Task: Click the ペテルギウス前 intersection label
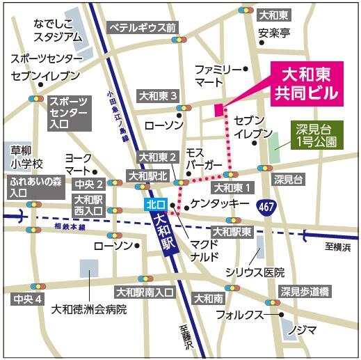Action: [x=143, y=27]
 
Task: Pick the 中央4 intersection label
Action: [x=29, y=299]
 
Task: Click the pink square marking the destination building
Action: [x=218, y=109]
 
